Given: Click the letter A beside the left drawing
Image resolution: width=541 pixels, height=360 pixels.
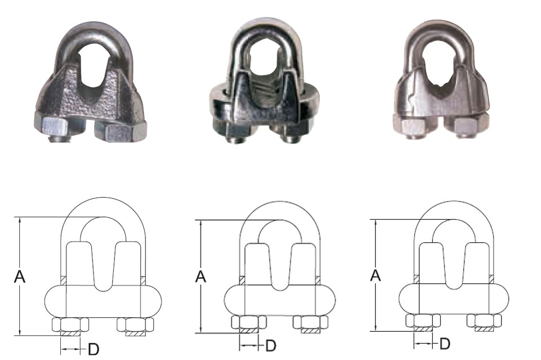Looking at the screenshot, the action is click(x=20, y=277).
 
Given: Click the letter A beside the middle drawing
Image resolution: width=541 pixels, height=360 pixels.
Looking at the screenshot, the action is click(x=201, y=277).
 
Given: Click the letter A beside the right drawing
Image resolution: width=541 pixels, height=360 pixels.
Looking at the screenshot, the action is click(x=375, y=275).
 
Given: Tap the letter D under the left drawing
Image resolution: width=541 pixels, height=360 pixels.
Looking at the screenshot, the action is click(x=94, y=349).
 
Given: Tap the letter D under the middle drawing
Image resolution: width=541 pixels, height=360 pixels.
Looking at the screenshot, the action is click(x=271, y=345).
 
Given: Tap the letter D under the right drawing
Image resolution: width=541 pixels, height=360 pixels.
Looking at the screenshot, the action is click(x=445, y=344).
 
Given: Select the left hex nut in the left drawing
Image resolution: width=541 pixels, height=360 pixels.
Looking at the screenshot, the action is click(x=70, y=324).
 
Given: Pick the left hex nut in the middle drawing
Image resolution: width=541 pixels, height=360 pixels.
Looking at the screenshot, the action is click(x=249, y=322).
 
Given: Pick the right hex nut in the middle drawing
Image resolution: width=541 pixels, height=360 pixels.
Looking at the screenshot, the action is click(x=310, y=322).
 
